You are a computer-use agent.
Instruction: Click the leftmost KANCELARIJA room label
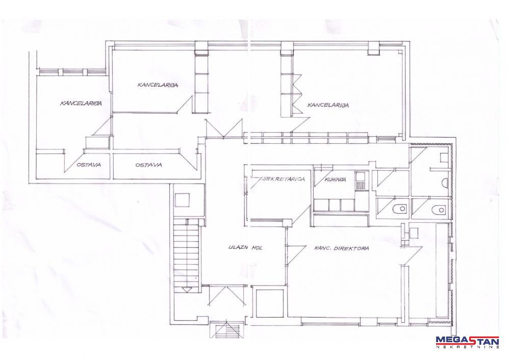[x=81, y=104]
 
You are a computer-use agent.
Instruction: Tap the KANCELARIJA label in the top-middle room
[x=158, y=85]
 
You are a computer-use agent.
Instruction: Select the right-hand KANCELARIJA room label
[x=328, y=105]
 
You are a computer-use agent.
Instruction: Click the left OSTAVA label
[x=89, y=165]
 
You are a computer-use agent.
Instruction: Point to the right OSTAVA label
[x=148, y=165]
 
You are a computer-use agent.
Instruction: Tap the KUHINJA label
[x=335, y=179]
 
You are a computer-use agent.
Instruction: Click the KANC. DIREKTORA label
[x=342, y=248]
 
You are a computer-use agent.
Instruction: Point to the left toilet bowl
[x=400, y=209]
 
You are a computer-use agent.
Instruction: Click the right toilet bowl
[x=438, y=210]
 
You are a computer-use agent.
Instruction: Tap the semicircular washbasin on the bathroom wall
[x=446, y=184]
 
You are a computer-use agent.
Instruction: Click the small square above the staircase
[x=182, y=200]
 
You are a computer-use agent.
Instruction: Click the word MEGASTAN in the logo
[x=467, y=341]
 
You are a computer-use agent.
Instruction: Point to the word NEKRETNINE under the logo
[x=467, y=347]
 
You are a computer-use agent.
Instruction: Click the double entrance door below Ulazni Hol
[x=226, y=295]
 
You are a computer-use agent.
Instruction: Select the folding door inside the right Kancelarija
[x=297, y=94]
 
